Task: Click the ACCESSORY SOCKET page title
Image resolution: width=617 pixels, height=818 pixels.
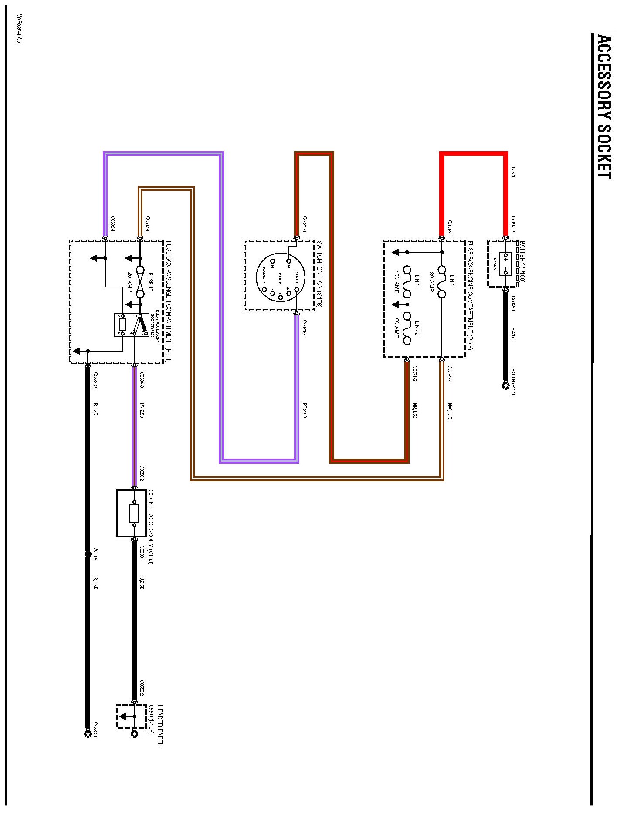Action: coord(603,106)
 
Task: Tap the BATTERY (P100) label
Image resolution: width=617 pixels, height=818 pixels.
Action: coord(522,261)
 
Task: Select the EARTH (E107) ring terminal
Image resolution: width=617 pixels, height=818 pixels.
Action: coord(505,385)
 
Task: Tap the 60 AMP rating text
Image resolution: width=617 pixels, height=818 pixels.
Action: coord(397,328)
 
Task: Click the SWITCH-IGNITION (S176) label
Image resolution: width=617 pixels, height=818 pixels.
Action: coord(319,274)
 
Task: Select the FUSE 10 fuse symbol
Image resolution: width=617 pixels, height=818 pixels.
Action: coord(140,281)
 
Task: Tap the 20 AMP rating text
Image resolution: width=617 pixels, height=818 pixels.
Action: coord(129,282)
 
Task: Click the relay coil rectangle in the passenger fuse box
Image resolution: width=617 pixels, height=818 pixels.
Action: coord(122,325)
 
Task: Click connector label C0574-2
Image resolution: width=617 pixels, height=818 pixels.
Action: coord(449,373)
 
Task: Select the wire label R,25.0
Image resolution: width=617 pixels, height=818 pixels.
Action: coord(513,170)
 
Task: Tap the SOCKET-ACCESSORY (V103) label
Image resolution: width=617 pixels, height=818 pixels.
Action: coord(151,527)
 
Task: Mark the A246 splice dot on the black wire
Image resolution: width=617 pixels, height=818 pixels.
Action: coord(88,554)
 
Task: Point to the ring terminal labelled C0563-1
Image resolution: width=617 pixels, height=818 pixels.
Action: coord(88,734)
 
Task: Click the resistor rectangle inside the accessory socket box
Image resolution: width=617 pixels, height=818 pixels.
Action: coord(134,514)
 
